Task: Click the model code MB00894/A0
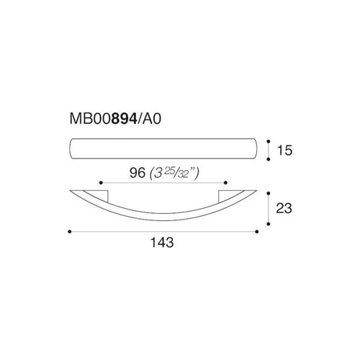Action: point(115,119)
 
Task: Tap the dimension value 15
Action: point(285,150)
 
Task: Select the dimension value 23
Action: point(284,208)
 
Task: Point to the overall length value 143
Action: point(162,243)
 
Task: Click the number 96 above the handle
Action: point(138,173)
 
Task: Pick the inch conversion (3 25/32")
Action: point(174,174)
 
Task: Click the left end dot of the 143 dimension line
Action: point(70,232)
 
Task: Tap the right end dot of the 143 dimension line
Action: point(257,232)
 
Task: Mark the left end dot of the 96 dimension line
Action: point(101,183)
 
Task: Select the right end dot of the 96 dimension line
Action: point(225,183)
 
